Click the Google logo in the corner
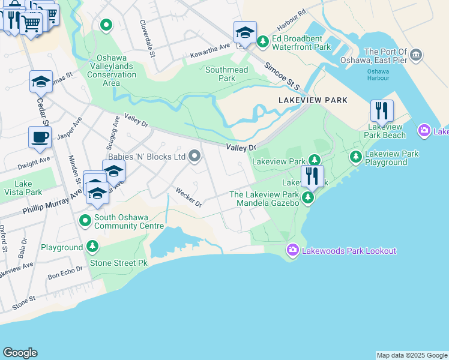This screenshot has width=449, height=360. tap(20, 353)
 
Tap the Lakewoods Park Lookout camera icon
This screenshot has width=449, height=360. tap(292, 249)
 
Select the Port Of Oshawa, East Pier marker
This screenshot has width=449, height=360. tap(415, 56)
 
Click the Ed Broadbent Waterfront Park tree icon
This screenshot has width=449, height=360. tap(262, 41)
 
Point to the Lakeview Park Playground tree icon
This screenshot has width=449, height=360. tap(355, 157)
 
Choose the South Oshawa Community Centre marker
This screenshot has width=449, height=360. tap(85, 221)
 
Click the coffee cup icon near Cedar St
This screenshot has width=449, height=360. tap(40, 137)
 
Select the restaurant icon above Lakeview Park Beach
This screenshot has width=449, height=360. tap(382, 111)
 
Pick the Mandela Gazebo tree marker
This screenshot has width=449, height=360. tap(308, 197)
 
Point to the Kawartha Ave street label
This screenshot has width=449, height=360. tap(211, 50)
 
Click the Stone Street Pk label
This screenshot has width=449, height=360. tap(118, 263)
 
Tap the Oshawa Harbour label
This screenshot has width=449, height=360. tap(378, 74)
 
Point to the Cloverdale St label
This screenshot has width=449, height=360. tap(147, 38)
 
